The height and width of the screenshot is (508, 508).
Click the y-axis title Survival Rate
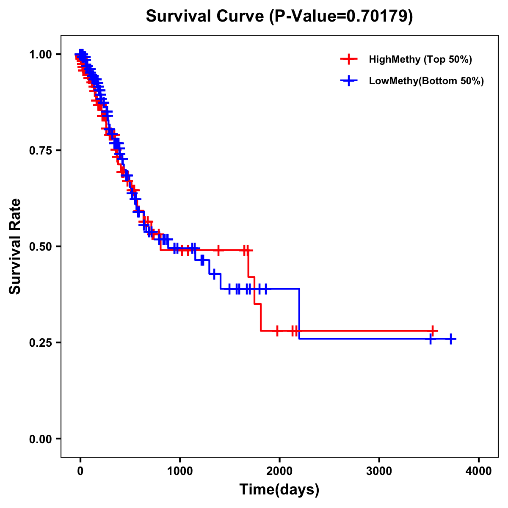click(15, 246)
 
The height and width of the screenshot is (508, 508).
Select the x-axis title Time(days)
click(279, 489)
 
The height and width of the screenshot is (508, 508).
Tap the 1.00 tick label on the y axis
click(40, 54)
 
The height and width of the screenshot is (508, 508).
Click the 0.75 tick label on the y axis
click(40, 150)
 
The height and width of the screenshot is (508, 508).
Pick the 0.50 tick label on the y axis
click(40, 246)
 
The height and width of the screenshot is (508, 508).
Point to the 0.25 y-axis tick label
click(40, 342)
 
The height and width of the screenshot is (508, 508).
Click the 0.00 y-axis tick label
click(40, 439)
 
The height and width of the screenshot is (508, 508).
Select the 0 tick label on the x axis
click(80, 470)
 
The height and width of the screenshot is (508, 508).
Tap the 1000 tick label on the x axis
click(180, 470)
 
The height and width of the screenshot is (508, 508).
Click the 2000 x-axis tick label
click(279, 470)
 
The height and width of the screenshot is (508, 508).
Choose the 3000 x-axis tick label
click(379, 470)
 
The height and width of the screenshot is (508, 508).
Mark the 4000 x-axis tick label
click(479, 470)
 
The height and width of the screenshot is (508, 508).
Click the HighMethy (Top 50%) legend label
click(420, 59)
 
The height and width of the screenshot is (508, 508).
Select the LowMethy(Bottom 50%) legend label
click(426, 81)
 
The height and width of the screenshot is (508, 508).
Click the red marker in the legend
click(349, 59)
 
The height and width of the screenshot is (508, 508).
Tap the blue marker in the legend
click(349, 80)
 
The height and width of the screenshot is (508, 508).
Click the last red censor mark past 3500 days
click(433, 331)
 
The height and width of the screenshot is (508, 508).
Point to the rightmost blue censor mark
click(451, 339)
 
